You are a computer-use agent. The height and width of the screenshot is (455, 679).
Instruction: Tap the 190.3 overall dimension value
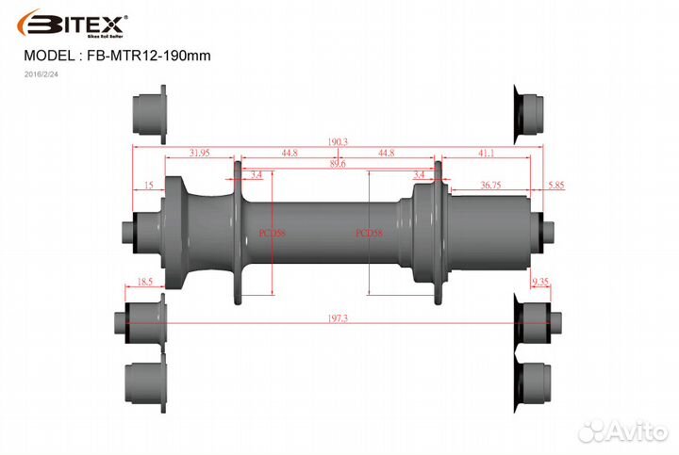(x=338, y=141)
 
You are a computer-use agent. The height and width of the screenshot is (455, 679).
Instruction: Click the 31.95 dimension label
(x=199, y=152)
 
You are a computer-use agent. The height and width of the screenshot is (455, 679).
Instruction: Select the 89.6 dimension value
(x=338, y=163)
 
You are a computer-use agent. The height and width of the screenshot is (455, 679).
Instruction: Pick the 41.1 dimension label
(x=487, y=152)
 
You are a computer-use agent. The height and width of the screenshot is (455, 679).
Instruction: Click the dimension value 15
(x=149, y=186)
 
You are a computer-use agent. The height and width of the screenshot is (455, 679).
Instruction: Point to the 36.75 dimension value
(x=490, y=186)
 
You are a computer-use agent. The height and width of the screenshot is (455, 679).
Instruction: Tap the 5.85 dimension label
(x=555, y=186)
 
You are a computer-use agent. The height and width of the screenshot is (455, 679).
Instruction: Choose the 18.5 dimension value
(x=145, y=282)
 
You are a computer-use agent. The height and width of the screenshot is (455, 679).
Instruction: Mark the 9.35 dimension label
(x=540, y=282)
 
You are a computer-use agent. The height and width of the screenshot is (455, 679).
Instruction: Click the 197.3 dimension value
(x=338, y=318)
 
